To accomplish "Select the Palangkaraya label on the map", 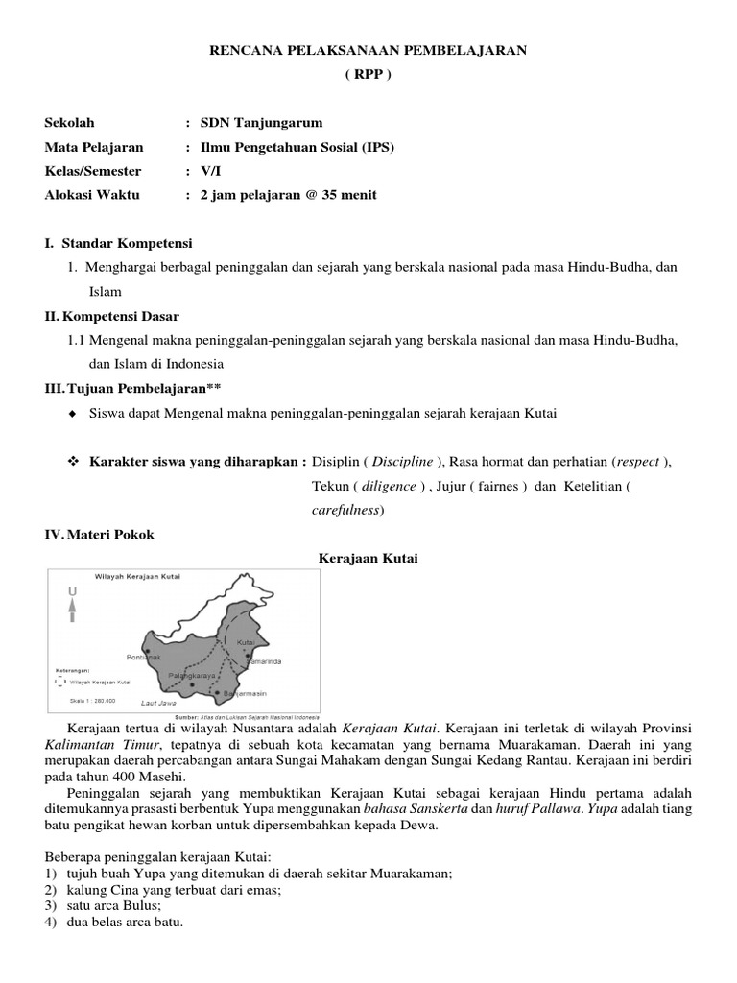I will click(190, 676).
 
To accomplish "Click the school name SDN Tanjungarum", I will click(261, 123).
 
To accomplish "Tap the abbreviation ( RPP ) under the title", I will click(368, 73).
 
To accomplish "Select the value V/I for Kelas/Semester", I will click(210, 171).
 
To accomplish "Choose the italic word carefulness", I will click(347, 510).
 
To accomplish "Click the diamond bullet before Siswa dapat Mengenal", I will click(73, 414).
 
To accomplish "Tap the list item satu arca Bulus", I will click(114, 905).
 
